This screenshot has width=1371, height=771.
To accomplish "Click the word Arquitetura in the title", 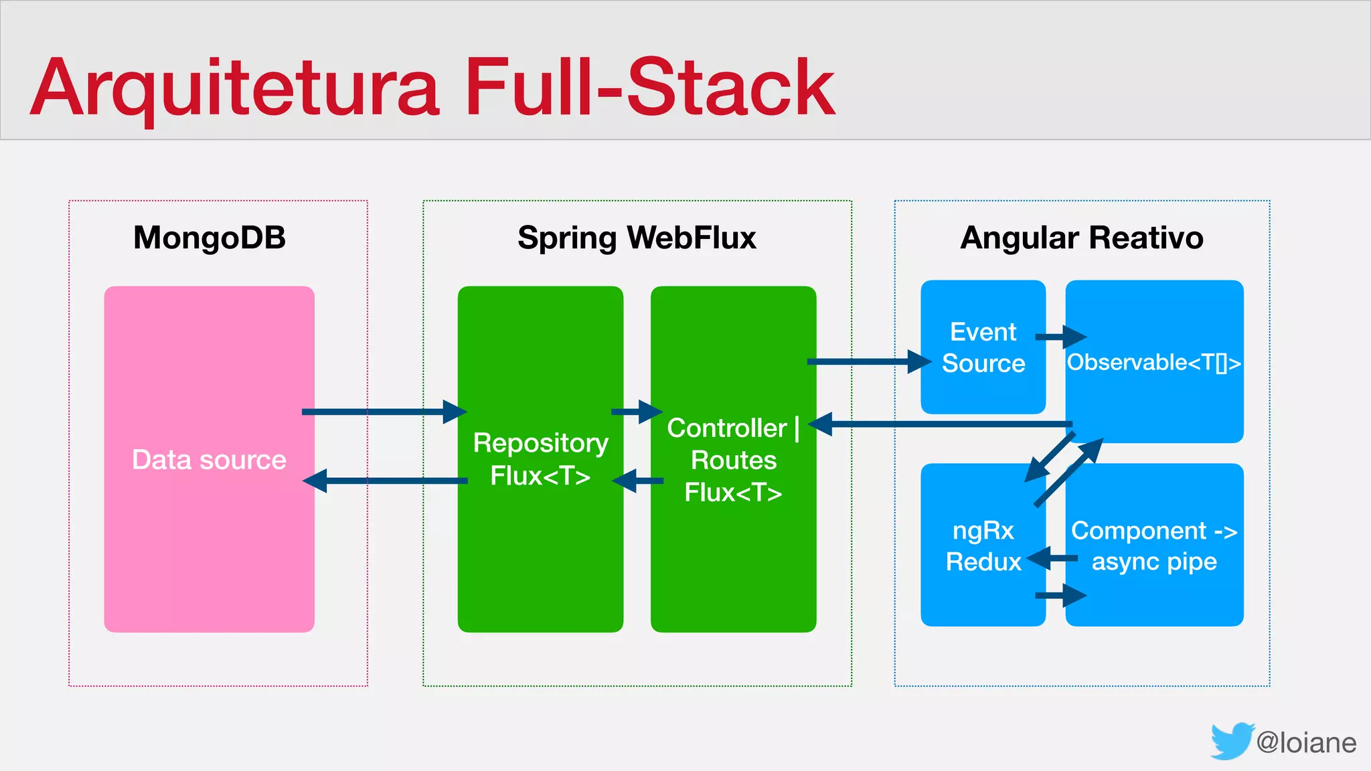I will click(234, 88).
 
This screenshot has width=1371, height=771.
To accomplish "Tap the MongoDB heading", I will click(210, 238).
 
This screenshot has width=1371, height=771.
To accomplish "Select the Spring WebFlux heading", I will click(637, 238).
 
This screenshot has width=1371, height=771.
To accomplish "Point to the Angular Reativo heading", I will click(1082, 238).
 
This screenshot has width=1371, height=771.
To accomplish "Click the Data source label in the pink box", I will click(209, 460).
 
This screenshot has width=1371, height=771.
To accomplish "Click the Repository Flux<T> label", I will click(540, 459).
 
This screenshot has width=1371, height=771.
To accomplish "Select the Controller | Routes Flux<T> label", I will click(733, 460).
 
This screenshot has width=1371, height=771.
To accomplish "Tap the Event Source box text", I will click(983, 347).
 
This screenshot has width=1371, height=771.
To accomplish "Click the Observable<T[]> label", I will click(1153, 362).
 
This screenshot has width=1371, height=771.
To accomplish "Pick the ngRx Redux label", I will click(983, 545).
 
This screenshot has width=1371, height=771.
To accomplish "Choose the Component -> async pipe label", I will click(1154, 545).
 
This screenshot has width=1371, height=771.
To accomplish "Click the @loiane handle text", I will click(1306, 743).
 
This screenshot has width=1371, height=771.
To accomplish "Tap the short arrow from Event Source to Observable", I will click(1060, 337).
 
